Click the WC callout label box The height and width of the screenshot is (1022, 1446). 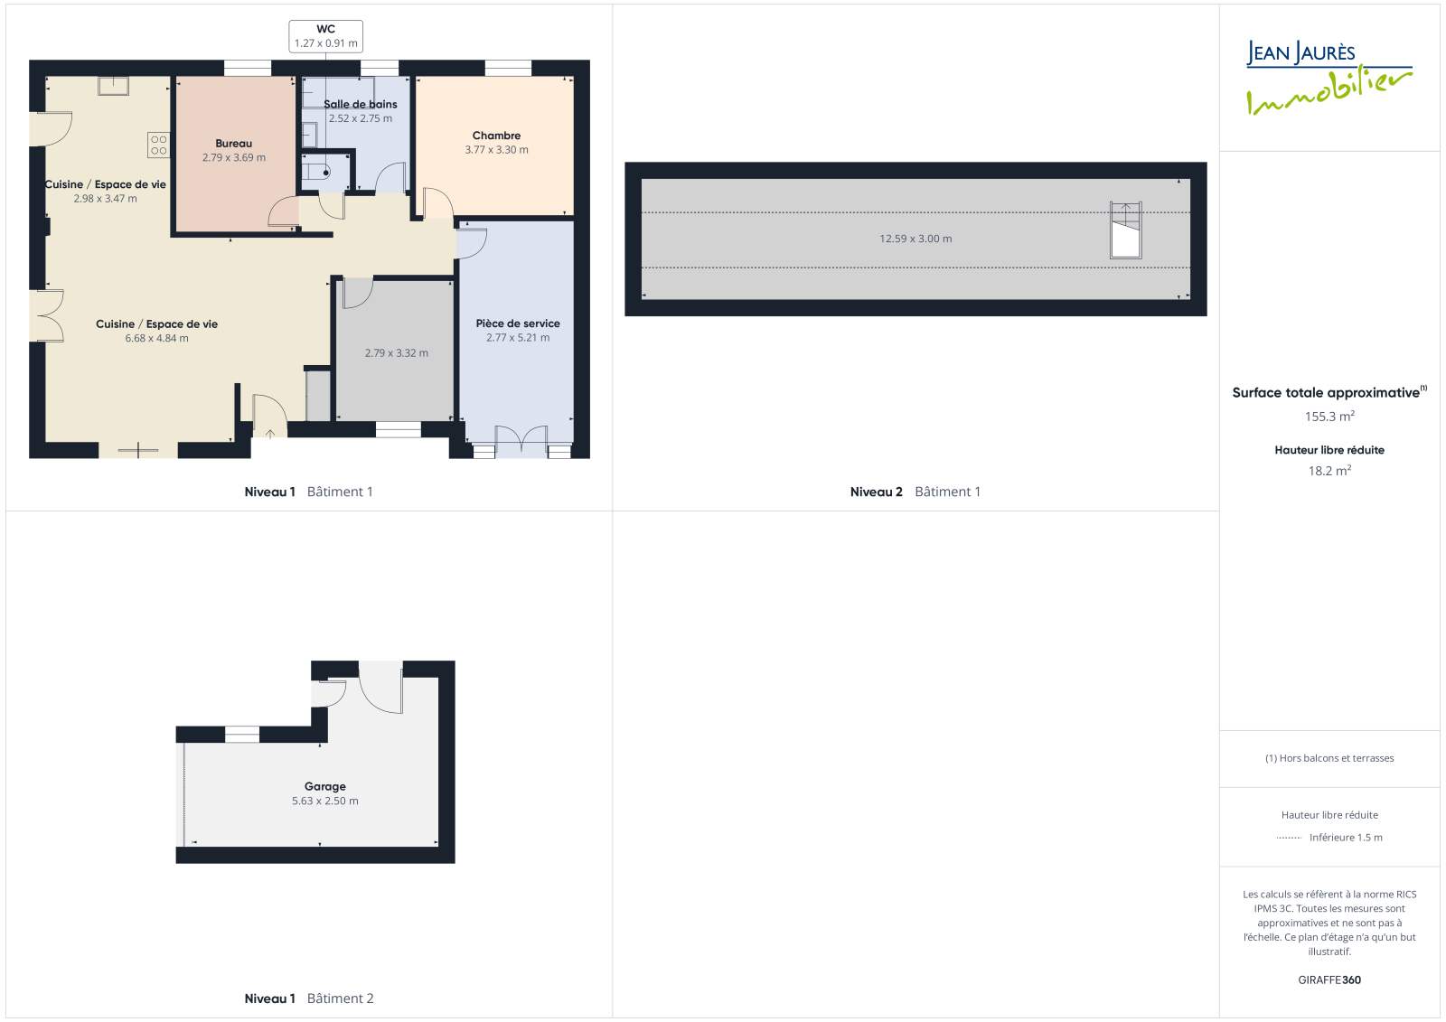click(325, 36)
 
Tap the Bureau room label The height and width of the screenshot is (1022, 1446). click(234, 144)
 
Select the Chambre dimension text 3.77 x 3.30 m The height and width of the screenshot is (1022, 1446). click(496, 150)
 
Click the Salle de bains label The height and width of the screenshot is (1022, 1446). click(361, 104)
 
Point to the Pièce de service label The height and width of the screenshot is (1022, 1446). click(518, 323)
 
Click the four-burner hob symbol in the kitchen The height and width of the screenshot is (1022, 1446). click(158, 145)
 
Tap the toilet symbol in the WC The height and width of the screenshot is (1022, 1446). click(317, 173)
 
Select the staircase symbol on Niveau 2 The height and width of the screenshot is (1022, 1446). click(1125, 230)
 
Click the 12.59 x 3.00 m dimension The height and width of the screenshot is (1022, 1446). click(915, 239)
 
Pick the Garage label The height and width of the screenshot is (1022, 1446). click(324, 786)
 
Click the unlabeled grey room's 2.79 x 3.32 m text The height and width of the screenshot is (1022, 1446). click(397, 353)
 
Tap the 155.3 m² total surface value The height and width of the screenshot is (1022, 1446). click(1329, 417)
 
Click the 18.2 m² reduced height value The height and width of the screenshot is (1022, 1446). click(1329, 471)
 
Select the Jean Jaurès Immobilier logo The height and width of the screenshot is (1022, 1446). click(1329, 78)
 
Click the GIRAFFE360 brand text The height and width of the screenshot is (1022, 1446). click(1329, 980)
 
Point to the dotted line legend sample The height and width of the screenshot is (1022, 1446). click(1289, 838)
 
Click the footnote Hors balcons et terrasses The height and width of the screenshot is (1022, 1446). click(1329, 758)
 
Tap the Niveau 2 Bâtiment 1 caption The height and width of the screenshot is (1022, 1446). click(915, 492)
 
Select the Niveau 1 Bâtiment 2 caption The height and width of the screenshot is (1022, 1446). click(308, 999)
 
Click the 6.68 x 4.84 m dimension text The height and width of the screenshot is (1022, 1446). click(157, 338)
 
